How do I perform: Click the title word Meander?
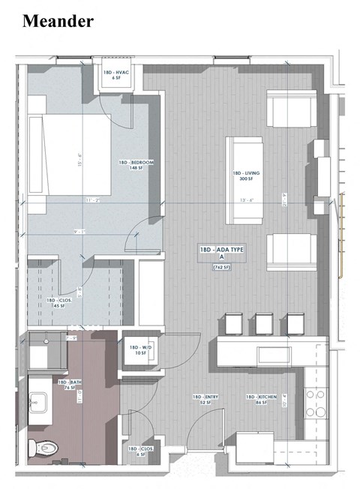tap(58, 20)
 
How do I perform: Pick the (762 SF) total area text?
tap(221, 267)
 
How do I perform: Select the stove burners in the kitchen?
tap(315, 404)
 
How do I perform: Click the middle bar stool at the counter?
tap(262, 322)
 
